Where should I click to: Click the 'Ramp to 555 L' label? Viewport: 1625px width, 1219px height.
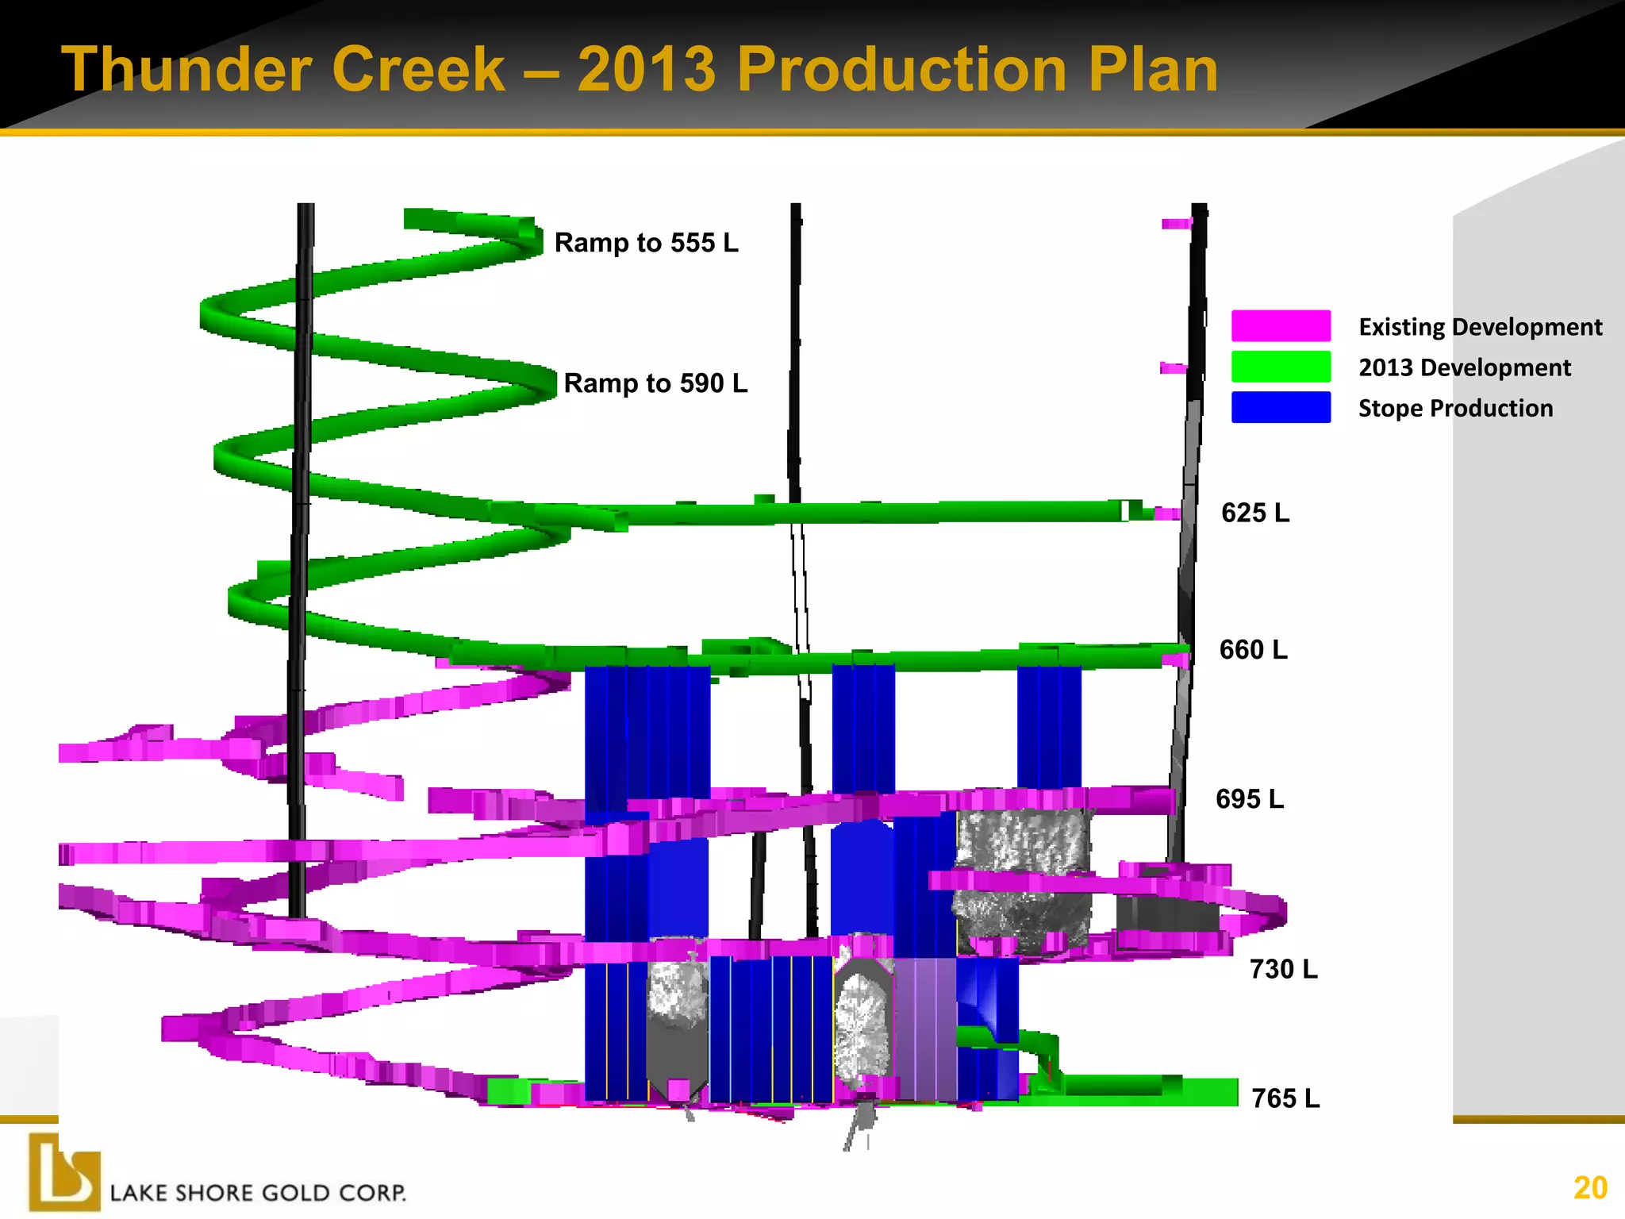(x=646, y=243)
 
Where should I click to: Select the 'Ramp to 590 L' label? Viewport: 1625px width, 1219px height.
(x=655, y=383)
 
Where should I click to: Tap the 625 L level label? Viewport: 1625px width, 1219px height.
(x=1255, y=513)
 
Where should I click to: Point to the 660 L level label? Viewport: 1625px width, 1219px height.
(x=1254, y=650)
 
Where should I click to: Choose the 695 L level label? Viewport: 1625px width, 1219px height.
(x=1250, y=798)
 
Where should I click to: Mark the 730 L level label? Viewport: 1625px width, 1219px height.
(x=1283, y=969)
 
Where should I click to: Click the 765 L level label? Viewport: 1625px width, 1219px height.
(x=1285, y=1098)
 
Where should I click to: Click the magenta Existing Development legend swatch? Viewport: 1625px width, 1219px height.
(x=1281, y=326)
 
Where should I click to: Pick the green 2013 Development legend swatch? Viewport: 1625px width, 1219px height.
(x=1281, y=367)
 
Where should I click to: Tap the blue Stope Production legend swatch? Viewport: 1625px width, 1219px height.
(x=1281, y=407)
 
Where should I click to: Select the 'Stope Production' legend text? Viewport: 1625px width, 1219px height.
(x=1455, y=408)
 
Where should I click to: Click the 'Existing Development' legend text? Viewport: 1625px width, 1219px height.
(x=1480, y=327)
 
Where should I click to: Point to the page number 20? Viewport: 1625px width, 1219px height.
(x=1590, y=1188)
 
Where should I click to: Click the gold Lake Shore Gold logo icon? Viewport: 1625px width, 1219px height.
(x=64, y=1172)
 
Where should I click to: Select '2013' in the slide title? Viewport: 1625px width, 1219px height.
(x=646, y=70)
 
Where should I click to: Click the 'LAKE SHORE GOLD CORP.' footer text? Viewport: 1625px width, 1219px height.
(x=258, y=1193)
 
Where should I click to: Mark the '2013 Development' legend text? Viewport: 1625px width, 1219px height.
(x=1464, y=367)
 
